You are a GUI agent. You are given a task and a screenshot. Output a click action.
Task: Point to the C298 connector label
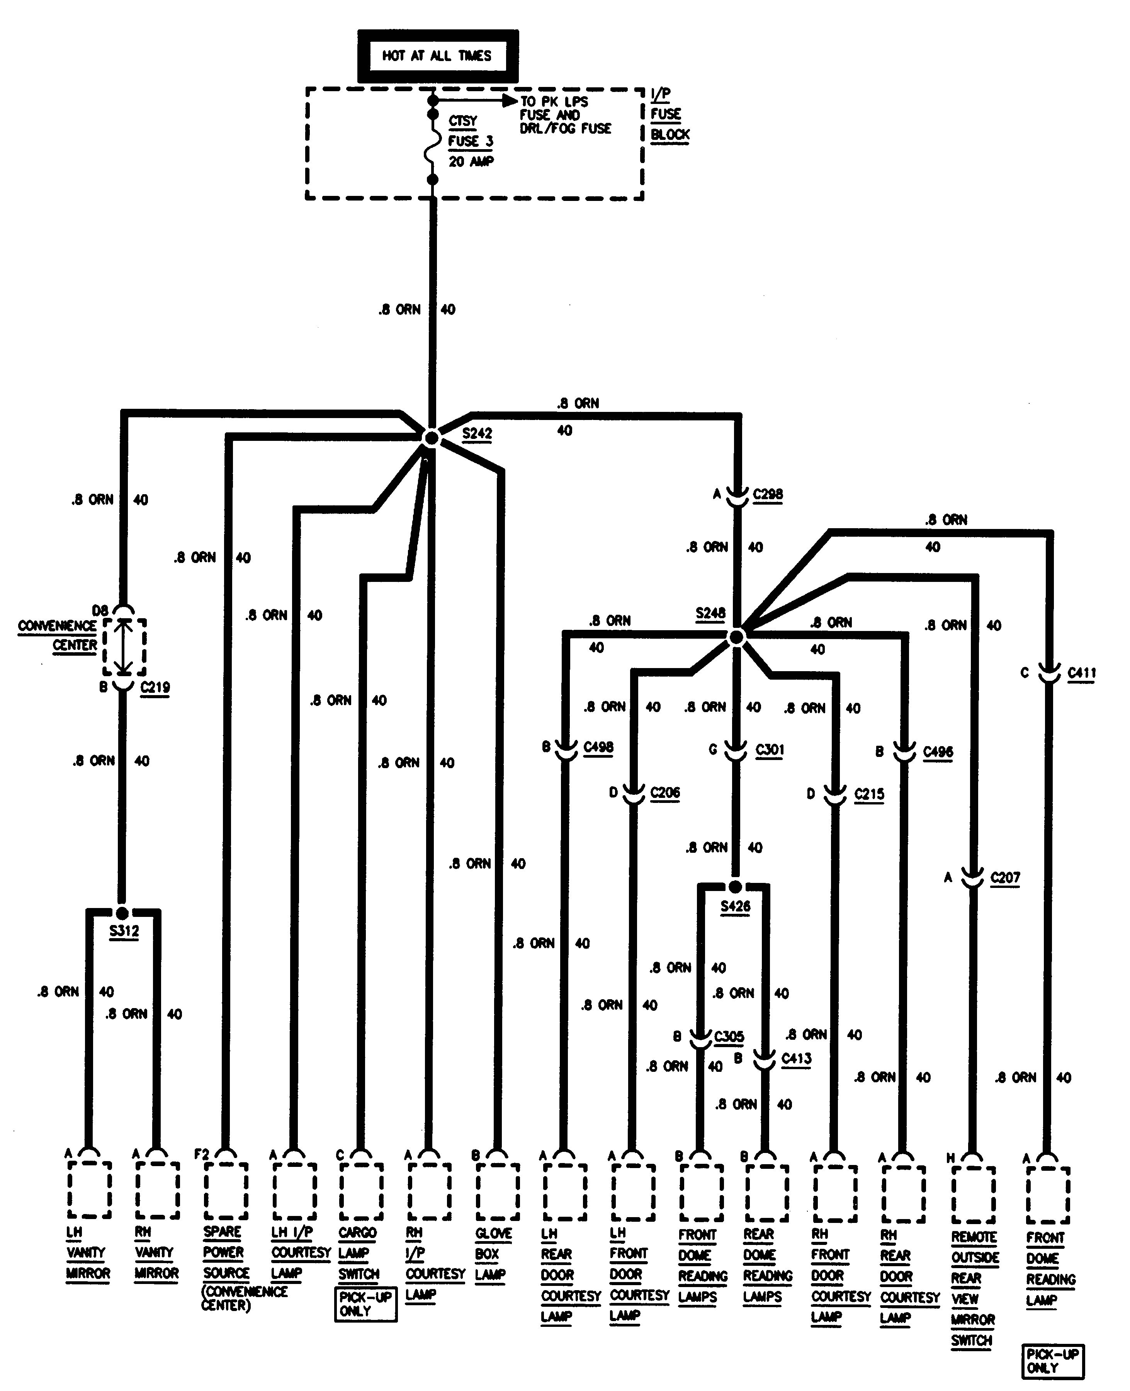(768, 494)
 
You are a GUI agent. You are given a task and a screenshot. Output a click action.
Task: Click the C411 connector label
(1081, 672)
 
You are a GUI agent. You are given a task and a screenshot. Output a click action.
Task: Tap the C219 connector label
(155, 687)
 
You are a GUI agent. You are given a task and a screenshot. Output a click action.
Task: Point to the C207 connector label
(1005, 877)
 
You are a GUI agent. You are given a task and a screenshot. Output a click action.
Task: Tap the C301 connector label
(770, 750)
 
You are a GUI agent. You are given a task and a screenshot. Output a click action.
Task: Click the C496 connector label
(938, 752)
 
